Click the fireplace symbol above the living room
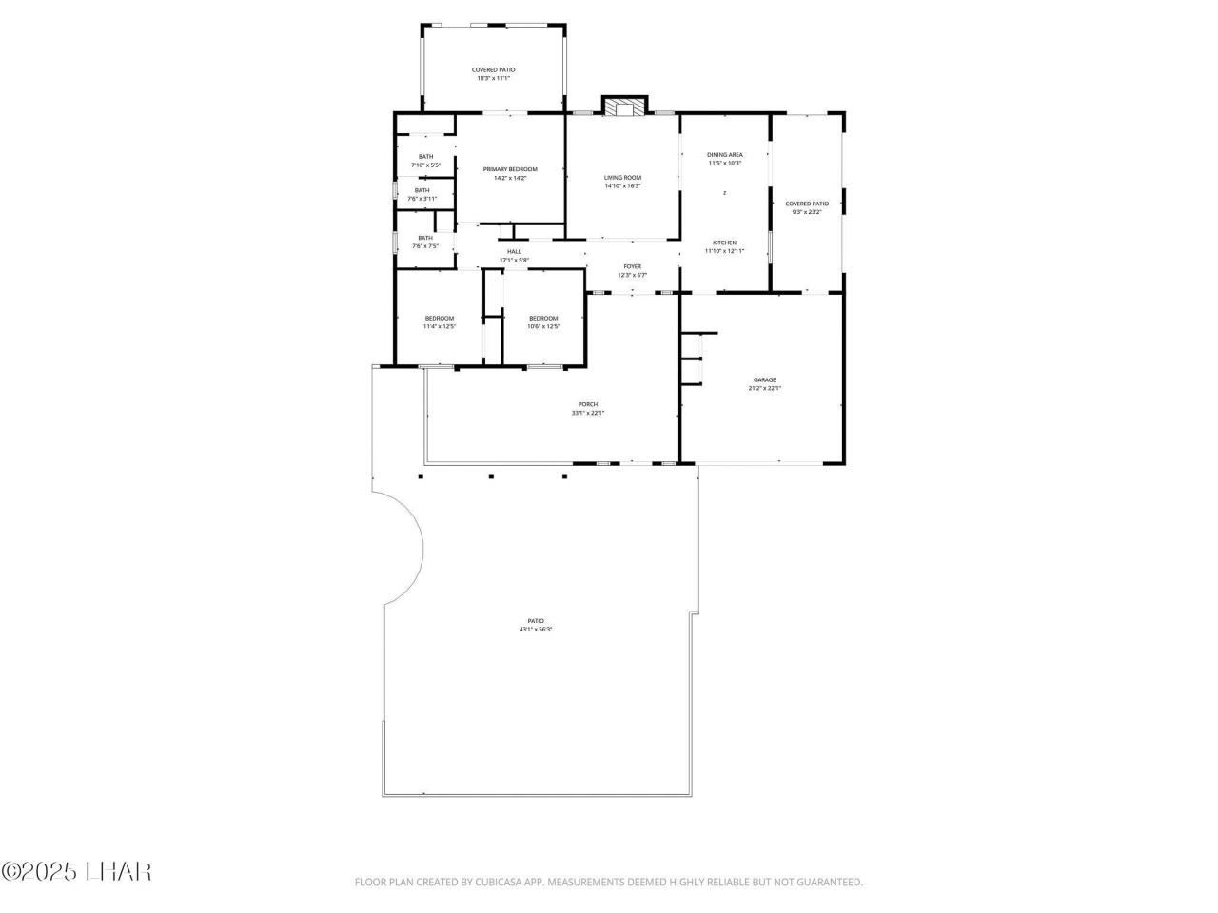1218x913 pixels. click(x=624, y=107)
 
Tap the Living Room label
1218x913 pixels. click(x=622, y=182)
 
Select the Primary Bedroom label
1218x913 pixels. click(x=510, y=173)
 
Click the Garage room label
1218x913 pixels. click(x=765, y=384)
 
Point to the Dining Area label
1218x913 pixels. click(x=725, y=158)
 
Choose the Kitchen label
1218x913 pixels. click(x=725, y=246)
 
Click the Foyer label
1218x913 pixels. click(x=632, y=270)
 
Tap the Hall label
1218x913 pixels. click(x=514, y=255)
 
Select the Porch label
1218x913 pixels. click(x=588, y=408)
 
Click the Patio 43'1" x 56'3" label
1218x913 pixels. click(x=536, y=625)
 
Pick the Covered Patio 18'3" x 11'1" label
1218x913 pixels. click(x=493, y=73)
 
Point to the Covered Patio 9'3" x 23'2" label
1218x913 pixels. click(x=807, y=207)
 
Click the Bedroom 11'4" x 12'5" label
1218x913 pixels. click(x=440, y=321)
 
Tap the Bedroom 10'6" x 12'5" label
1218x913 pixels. click(x=543, y=321)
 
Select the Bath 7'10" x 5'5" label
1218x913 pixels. click(x=425, y=160)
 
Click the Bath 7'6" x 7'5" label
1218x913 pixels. click(x=425, y=242)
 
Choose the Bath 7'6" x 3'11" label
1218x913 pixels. click(x=422, y=194)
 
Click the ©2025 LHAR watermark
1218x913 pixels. click(x=76, y=870)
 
